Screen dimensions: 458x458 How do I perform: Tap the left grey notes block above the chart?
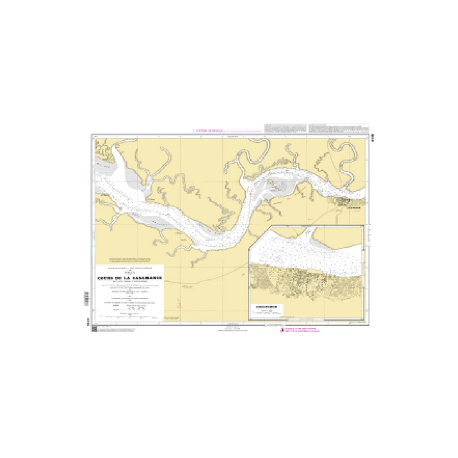(x=285, y=128)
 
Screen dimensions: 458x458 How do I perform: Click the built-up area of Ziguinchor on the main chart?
(x=346, y=202)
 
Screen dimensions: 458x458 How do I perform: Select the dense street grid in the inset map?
(x=303, y=281)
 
